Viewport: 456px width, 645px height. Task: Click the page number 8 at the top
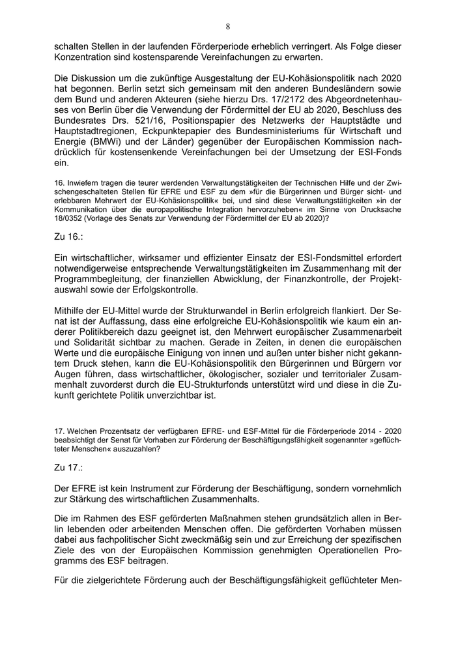click(228, 27)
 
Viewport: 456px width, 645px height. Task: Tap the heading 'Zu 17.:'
click(70, 467)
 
